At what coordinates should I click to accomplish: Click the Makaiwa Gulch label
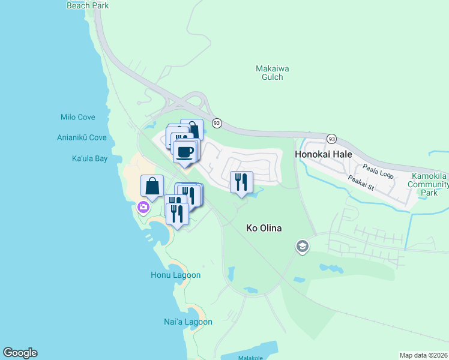tap(273, 73)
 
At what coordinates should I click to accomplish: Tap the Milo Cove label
tap(77, 117)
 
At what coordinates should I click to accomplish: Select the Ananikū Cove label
tap(82, 137)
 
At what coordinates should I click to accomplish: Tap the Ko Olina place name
tap(264, 228)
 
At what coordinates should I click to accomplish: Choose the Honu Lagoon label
tap(175, 275)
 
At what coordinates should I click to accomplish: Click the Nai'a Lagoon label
tap(188, 322)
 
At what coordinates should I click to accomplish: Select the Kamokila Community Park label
tap(429, 185)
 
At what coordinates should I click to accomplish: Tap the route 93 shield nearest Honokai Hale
tap(331, 139)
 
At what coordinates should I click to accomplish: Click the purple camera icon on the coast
tap(143, 208)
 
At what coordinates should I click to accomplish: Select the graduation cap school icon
tap(303, 247)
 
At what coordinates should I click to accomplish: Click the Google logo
tap(20, 353)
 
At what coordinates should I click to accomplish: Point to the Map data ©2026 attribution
tap(423, 355)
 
